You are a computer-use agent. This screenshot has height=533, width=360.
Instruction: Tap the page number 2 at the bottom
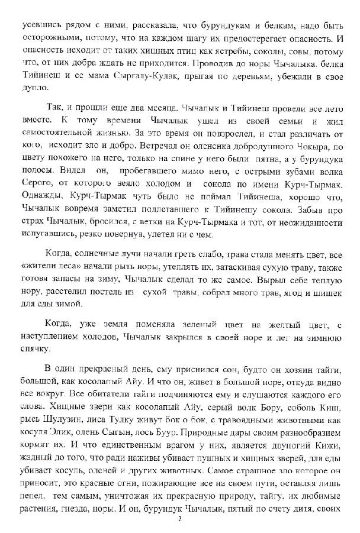coord(180,520)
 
